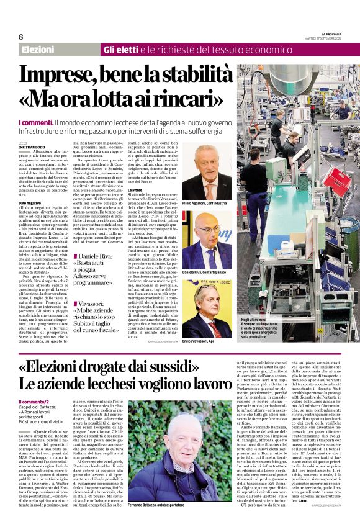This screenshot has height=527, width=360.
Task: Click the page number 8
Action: point(20,37)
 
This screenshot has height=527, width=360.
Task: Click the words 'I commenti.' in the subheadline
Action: point(35,124)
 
